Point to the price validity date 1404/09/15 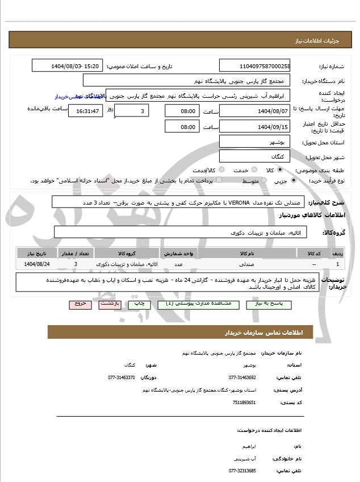tap(254, 127)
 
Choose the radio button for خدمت tap(254, 170)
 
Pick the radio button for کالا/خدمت tap(221, 170)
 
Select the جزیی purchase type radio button tap(293, 181)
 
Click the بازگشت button tap(109, 304)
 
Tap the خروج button tap(80, 304)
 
